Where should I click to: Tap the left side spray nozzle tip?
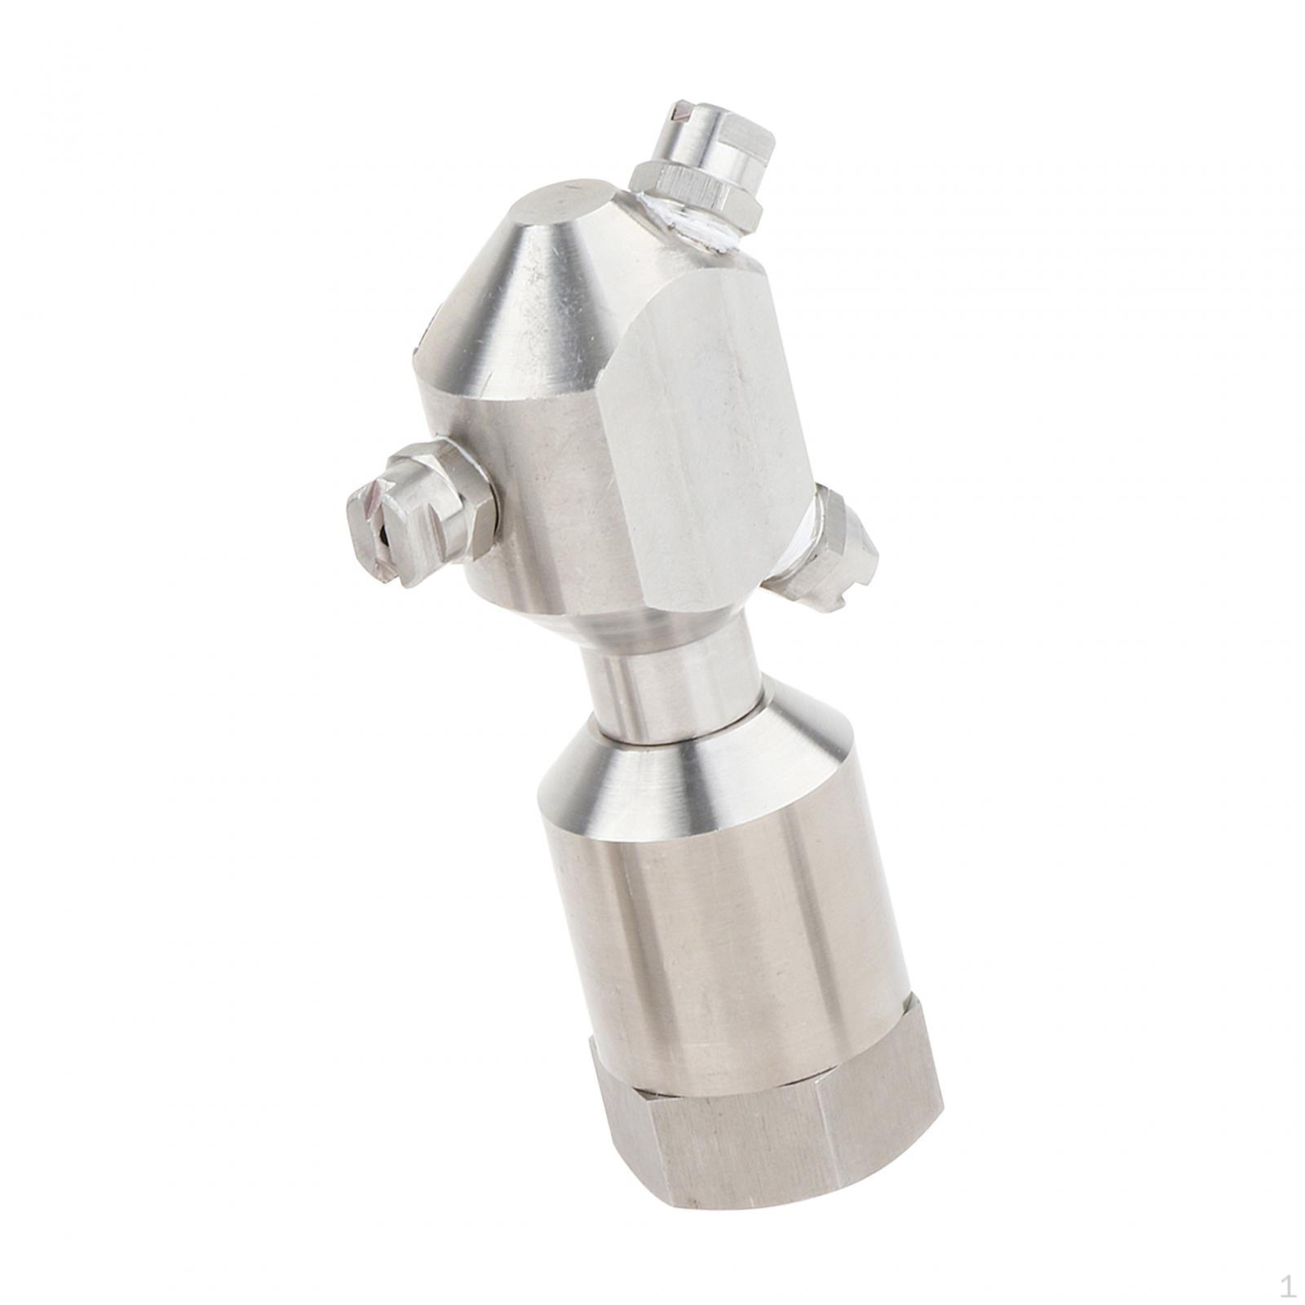[383, 530]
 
